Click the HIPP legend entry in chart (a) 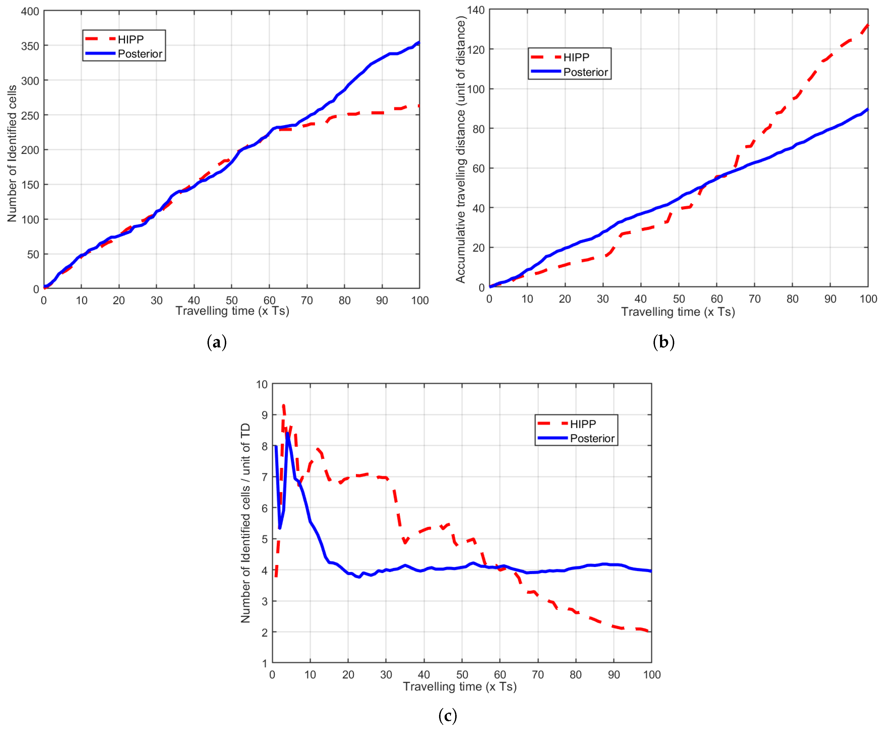click(114, 39)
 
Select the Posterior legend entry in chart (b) click(569, 72)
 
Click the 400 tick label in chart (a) click(30, 11)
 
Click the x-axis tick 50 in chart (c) click(462, 675)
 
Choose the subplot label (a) click(217, 342)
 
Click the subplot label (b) click(664, 342)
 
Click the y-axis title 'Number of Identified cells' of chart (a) click(12, 153)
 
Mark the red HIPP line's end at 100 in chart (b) click(868, 25)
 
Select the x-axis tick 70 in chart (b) click(754, 299)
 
